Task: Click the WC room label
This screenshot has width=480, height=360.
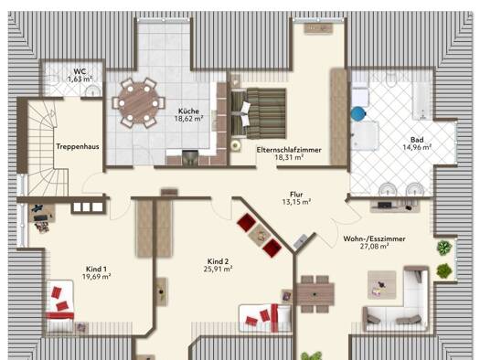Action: coord(80,71)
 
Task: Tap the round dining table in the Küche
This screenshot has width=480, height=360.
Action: coord(138,103)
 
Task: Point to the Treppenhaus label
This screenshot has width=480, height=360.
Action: coord(78,146)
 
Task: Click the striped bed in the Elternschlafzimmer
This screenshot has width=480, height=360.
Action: coord(259,113)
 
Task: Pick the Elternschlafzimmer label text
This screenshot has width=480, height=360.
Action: coord(289,150)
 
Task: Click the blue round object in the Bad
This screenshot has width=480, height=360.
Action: coord(358,114)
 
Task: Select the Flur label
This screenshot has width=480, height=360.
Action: coord(296,195)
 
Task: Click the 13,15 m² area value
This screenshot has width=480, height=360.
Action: coord(296,202)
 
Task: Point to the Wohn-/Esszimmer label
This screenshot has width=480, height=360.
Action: coord(374,238)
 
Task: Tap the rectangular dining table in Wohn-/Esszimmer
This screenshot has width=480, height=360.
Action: coord(315,294)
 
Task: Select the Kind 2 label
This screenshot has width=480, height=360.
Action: coord(218,261)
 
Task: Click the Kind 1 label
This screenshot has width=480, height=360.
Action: coord(96,270)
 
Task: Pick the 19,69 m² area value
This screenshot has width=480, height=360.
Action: coord(96,277)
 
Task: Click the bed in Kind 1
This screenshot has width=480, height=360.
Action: coord(60,306)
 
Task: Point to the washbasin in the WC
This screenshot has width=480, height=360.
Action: coord(92,90)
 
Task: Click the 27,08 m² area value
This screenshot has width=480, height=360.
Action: coord(374,247)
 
